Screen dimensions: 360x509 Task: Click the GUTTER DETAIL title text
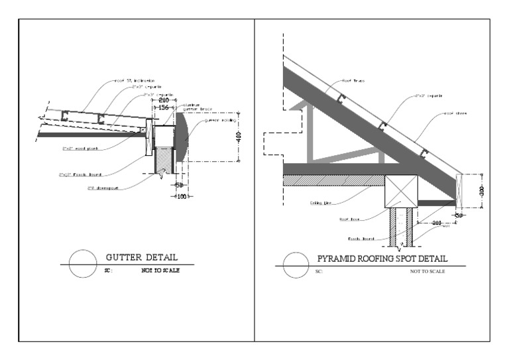[x=142, y=257]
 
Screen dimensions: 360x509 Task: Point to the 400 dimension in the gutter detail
[x=239, y=137]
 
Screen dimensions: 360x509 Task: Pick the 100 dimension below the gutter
[x=179, y=198]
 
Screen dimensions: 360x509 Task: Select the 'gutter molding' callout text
[x=218, y=121]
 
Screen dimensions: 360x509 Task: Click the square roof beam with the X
[x=402, y=190]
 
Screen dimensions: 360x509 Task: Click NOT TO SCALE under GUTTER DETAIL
[x=160, y=270]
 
